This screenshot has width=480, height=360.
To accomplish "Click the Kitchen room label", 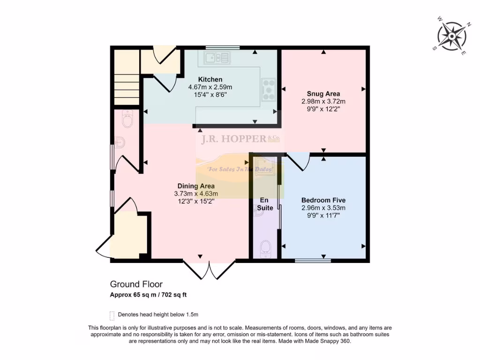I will tap(210, 79).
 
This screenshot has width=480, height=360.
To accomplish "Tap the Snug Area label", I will tap(323, 93).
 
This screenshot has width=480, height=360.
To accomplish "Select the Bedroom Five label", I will tap(323, 200).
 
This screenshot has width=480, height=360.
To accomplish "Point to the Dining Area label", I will tap(196, 186).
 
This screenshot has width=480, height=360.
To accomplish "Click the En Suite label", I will tap(265, 204).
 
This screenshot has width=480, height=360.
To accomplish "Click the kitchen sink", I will tap(217, 57).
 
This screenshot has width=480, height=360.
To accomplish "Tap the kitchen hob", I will tap(269, 89).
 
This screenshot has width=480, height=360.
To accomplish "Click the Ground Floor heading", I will tap(136, 284).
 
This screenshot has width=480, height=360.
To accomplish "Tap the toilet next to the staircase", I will tap(127, 120).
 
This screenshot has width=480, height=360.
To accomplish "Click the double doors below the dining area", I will tap(209, 270).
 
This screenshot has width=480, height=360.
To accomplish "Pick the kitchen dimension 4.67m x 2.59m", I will tap(210, 87).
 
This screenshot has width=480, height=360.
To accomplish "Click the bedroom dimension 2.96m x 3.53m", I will tap(323, 208).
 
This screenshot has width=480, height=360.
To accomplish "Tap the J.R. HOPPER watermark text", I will tap(233, 139).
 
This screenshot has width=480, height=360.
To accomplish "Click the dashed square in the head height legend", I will tap(112, 315).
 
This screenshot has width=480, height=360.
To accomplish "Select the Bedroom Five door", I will tap(299, 162).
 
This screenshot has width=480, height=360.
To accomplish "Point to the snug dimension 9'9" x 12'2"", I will tap(323, 109).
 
